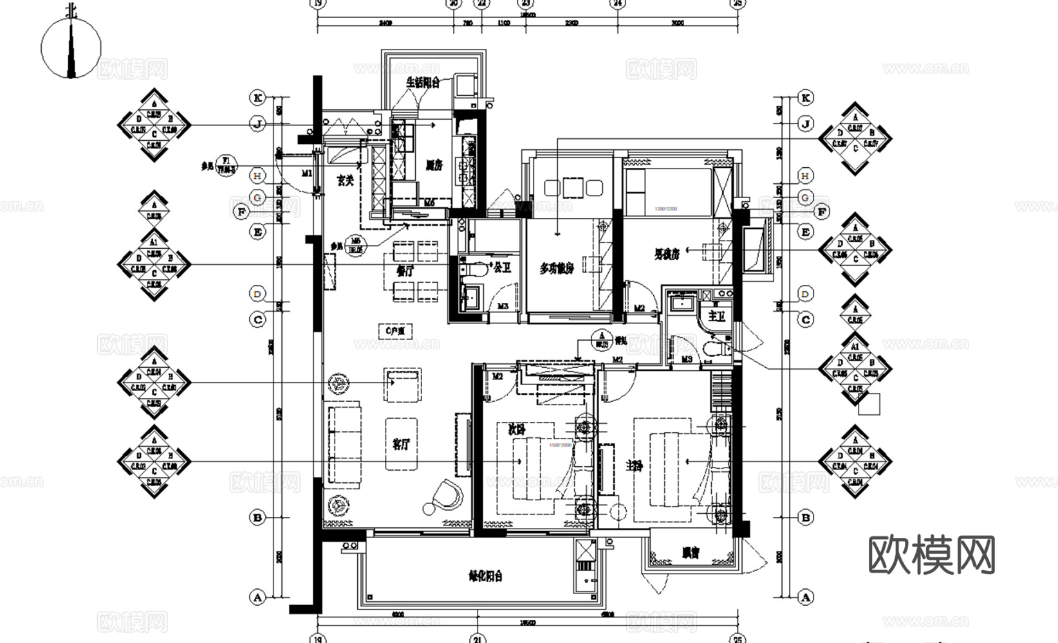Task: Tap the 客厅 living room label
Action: click(402, 444)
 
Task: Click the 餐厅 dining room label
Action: click(405, 271)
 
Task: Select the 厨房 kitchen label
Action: click(434, 165)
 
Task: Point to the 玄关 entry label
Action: click(346, 181)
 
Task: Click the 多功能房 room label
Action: click(557, 267)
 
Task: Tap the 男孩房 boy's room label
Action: click(667, 255)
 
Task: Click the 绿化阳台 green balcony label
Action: click(485, 575)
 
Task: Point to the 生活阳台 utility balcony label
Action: click(423, 82)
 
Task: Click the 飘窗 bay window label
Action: click(691, 552)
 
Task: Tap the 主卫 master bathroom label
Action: click(716, 316)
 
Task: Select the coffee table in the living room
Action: click(402, 444)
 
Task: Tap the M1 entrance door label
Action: click(307, 173)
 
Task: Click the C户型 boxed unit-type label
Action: click(395, 331)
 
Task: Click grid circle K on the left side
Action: click(257, 98)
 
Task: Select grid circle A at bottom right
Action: click(805, 597)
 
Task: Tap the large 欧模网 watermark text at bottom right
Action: click(931, 554)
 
